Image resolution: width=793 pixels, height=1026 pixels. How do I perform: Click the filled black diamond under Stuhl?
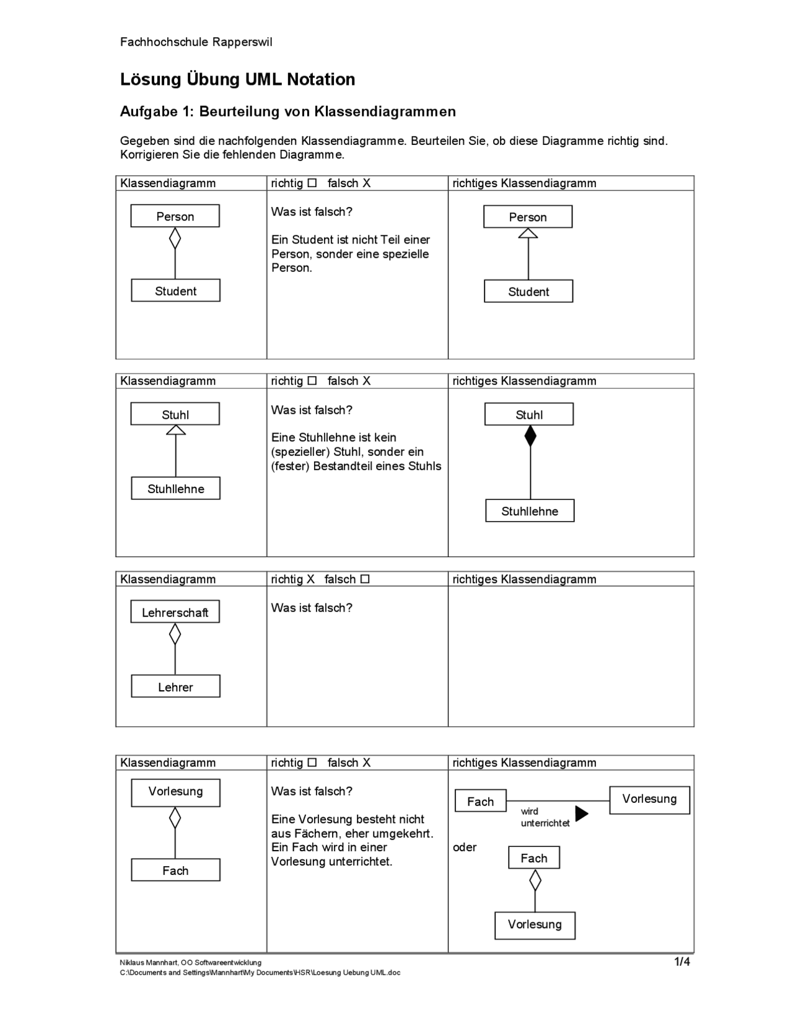pos(530,436)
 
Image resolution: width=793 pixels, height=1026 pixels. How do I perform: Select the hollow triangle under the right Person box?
pos(528,234)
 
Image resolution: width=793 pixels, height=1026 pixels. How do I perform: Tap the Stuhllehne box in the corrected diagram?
pos(530,511)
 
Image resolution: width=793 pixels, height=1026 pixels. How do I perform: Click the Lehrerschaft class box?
pos(175,612)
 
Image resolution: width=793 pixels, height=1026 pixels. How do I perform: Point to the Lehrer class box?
pos(175,686)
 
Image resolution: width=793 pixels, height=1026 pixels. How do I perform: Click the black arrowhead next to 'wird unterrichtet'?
pos(581,813)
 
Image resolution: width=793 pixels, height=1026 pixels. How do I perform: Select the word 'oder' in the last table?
pos(465,847)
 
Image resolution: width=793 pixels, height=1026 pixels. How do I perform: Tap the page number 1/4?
pos(681,962)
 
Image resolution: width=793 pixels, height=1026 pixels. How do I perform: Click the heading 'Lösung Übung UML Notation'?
pos(237,79)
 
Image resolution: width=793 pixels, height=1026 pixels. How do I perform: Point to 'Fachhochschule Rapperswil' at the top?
pos(196,42)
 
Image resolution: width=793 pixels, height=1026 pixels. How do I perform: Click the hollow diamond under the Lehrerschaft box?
pos(175,634)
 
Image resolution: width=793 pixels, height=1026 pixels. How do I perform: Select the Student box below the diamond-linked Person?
pos(175,291)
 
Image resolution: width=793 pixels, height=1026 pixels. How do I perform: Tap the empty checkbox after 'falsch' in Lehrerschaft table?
pos(365,579)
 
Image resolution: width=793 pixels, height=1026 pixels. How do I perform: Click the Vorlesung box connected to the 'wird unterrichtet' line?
pos(649,799)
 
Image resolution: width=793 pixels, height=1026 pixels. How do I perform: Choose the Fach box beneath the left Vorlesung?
pos(175,870)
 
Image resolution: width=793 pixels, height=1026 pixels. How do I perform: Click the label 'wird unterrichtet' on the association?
pos(544,817)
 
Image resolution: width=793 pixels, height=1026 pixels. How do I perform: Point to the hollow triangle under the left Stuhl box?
pos(176,430)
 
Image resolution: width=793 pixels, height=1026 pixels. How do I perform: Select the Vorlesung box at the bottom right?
pos(535,924)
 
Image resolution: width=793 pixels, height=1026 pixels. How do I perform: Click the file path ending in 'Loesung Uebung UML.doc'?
pos(260,973)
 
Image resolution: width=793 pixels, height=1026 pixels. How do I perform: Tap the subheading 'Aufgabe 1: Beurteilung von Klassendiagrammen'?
pos(287,112)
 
